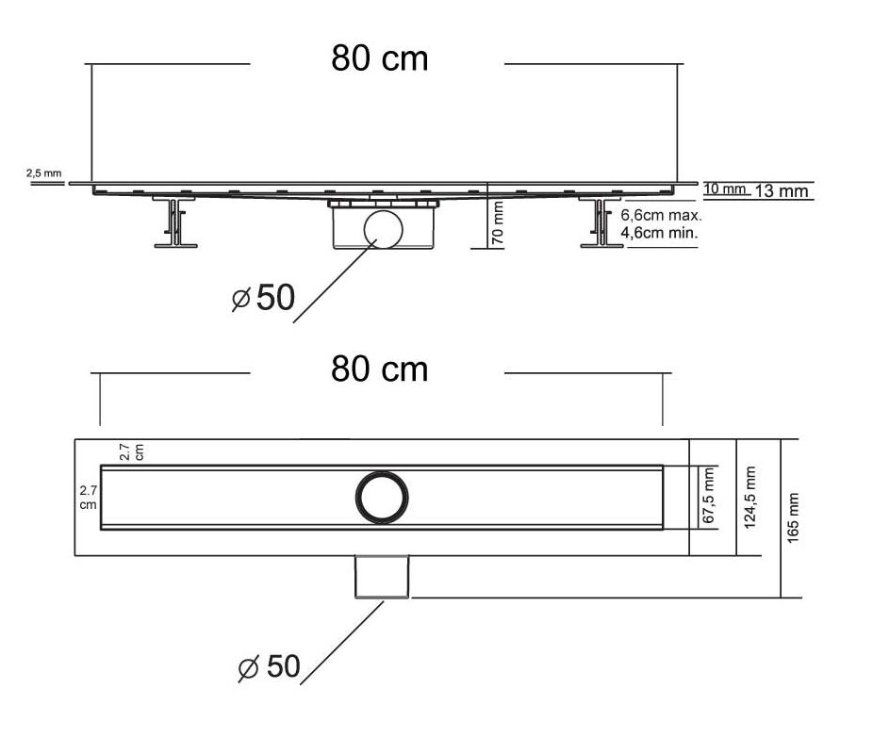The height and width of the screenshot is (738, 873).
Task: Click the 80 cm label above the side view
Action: coord(380,57)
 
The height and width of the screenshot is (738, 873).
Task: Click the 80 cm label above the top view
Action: coord(380,369)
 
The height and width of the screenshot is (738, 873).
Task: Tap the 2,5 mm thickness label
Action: coord(44,173)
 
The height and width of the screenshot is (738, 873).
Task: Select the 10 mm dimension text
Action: coord(724,189)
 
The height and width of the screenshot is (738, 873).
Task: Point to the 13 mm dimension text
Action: coord(782,191)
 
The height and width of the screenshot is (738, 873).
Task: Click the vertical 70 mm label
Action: coord(498,222)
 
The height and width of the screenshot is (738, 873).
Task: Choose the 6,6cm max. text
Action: coord(661,215)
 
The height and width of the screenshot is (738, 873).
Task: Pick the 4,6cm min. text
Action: coord(659,232)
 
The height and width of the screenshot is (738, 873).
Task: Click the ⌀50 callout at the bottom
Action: coord(270,666)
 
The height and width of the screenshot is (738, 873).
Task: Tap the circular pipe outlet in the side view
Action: coord(383,229)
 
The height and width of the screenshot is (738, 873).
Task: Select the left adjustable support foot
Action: coord(174,221)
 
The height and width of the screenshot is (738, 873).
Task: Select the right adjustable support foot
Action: coord(601,221)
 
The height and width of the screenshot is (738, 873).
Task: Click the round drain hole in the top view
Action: coord(382,497)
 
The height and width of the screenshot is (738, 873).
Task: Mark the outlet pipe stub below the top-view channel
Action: coord(382,577)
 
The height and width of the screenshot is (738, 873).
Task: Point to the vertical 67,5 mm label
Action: coord(708,496)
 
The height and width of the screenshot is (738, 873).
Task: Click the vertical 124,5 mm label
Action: coord(749,497)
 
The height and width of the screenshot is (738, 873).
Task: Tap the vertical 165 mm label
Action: coord(793,517)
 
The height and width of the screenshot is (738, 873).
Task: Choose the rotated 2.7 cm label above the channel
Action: coord(132,451)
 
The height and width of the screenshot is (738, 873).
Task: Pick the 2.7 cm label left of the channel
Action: coord(88,498)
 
